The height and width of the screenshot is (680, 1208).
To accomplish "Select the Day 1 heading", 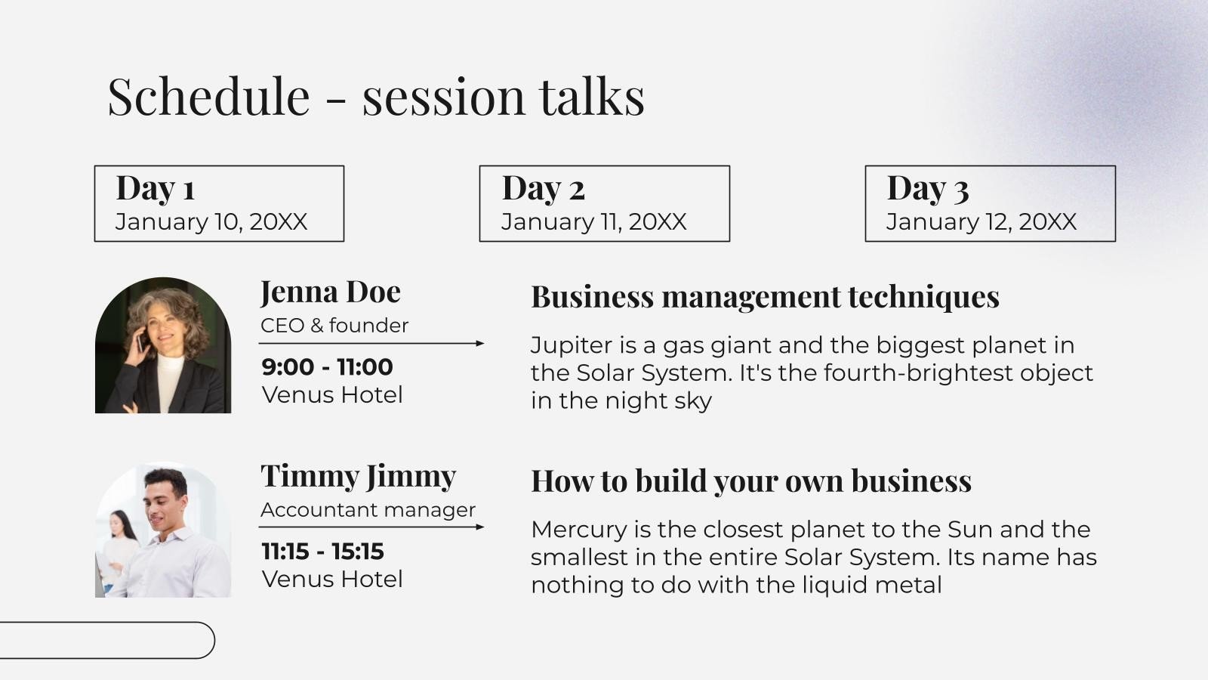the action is (x=155, y=188).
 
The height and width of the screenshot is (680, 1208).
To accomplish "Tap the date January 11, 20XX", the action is (x=593, y=222).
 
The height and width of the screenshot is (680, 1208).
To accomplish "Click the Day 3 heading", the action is (x=928, y=188).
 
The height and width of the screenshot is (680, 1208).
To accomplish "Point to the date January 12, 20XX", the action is (x=981, y=222).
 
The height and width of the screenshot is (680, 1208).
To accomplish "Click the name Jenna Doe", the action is (x=331, y=292).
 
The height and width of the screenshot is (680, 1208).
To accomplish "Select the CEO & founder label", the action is (x=334, y=326).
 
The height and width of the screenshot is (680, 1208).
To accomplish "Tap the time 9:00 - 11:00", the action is (x=327, y=367).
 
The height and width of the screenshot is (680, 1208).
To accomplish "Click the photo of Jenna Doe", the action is (x=163, y=345).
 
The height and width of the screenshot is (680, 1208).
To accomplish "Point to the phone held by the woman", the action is (x=141, y=341).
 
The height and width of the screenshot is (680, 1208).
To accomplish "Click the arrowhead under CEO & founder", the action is (x=480, y=343).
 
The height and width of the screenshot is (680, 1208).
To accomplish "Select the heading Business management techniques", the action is (x=766, y=297).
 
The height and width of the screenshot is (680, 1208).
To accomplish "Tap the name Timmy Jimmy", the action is (x=358, y=477).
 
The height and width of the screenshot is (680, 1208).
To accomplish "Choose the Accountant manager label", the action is (x=368, y=510).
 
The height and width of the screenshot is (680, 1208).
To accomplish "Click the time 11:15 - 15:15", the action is (x=322, y=552).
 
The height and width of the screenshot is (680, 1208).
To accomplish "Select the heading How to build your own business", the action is (x=751, y=481).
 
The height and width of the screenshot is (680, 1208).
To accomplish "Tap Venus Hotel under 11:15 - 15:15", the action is (x=332, y=579).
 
